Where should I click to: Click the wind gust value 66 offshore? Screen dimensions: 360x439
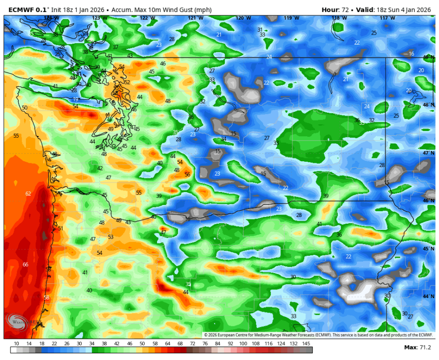tap(25, 265)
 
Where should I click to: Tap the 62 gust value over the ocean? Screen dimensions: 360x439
tap(28, 194)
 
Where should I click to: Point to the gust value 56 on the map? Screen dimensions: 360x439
tap(187, 175)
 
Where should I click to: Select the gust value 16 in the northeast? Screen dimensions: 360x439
tap(411, 54)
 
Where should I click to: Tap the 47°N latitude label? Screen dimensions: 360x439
tap(428, 153)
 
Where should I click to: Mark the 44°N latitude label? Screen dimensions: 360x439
tap(428, 297)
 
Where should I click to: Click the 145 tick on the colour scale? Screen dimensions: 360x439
tap(306, 344)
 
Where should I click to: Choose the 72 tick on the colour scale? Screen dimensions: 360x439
tap(192, 344)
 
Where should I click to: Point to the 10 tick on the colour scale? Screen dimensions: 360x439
tap(16, 344)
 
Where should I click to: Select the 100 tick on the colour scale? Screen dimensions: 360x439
tap(244, 344)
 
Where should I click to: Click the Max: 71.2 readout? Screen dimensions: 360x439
tap(418, 348)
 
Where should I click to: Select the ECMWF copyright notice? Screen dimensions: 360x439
tap(318, 335)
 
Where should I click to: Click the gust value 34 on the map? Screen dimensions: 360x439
tap(223, 139)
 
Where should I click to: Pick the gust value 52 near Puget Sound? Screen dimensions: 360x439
tap(127, 82)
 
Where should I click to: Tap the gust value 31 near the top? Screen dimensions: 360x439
tap(260, 30)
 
